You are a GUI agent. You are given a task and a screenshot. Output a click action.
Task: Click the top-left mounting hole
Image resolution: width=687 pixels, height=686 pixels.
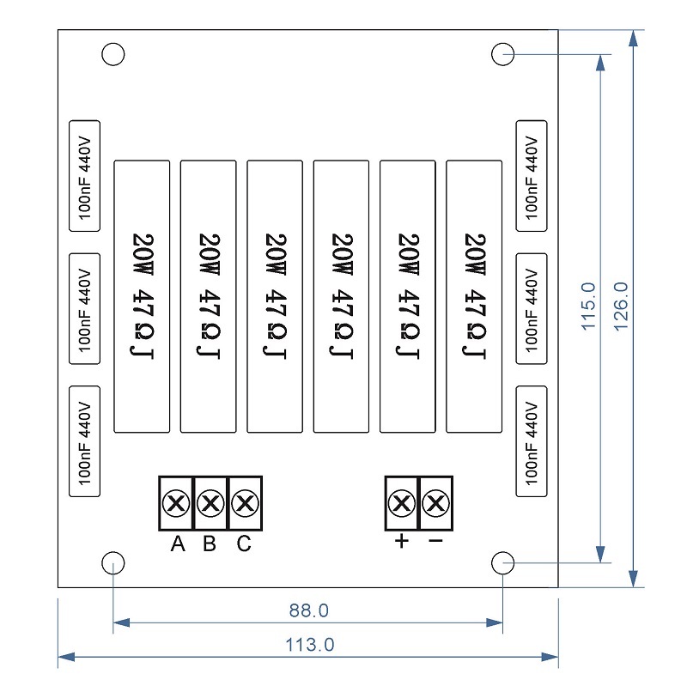(113, 55)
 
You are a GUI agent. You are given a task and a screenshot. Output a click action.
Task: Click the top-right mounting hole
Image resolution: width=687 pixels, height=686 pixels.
(502, 55)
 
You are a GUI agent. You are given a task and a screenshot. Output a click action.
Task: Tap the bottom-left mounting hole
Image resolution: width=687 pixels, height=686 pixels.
(113, 564)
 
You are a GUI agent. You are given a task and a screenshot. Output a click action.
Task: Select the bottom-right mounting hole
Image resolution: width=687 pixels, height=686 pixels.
(502, 564)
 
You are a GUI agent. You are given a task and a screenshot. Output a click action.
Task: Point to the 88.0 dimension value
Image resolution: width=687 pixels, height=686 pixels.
(308, 611)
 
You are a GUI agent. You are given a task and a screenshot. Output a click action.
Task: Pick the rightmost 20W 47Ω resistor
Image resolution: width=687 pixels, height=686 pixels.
(474, 295)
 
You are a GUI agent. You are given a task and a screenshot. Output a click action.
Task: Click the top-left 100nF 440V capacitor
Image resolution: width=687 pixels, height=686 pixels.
(84, 176)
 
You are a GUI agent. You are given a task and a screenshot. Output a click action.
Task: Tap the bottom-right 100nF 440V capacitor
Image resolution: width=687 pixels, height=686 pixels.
(531, 441)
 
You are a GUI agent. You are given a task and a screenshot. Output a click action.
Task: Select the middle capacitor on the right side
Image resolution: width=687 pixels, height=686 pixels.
(531, 308)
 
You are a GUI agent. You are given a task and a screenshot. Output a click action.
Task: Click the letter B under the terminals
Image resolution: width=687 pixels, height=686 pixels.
(210, 544)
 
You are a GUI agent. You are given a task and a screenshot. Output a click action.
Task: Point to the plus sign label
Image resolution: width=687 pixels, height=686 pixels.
(400, 543)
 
